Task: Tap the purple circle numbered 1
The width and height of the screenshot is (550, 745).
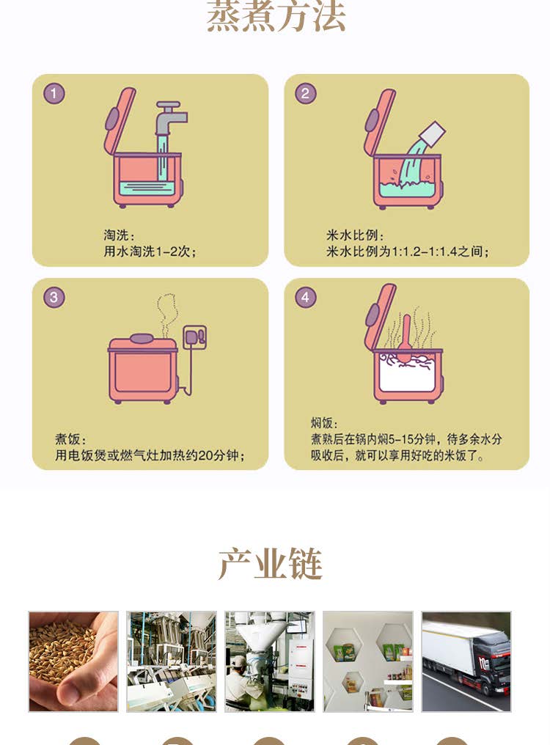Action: tap(54, 94)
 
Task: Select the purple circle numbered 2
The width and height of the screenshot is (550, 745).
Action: tap(305, 94)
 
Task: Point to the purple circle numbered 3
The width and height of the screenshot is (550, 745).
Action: tap(54, 298)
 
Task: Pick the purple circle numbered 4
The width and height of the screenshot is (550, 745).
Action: tap(305, 298)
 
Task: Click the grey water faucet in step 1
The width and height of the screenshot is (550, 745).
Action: tap(170, 119)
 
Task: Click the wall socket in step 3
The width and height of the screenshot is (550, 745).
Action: tap(195, 337)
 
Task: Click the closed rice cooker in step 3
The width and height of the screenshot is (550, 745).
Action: tap(142, 369)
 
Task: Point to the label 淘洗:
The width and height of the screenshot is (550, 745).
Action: tap(119, 235)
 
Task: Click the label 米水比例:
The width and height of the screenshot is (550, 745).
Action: tap(355, 235)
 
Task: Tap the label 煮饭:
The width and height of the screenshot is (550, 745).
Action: tap(70, 439)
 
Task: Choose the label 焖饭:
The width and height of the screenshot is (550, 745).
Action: tap(324, 423)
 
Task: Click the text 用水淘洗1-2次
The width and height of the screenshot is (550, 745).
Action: tap(147, 251)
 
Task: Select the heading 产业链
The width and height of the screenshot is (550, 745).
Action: tap(270, 564)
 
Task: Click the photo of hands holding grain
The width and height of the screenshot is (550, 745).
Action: tap(73, 661)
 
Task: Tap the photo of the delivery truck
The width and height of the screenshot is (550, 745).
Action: tap(466, 661)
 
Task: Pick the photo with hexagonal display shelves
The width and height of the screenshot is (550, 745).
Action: tap(368, 661)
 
